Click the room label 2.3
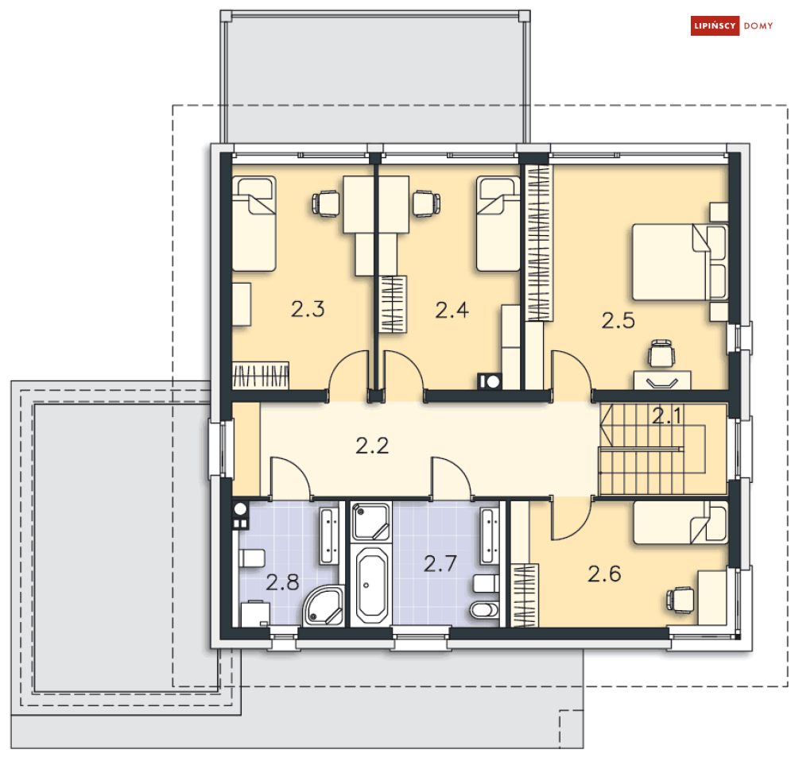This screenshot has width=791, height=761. pos(308,309)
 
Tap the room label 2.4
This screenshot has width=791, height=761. pos(452,310)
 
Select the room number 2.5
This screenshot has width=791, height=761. pos(618,321)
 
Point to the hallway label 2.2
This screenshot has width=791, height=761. pos(372,446)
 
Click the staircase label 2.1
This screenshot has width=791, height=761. pos(666,415)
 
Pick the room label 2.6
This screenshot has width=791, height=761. pos(604,574)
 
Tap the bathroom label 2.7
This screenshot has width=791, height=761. pos(440,563)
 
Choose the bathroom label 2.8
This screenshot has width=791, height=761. pos(282,582)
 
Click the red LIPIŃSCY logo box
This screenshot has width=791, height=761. pos(715,25)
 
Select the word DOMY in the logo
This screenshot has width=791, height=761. pos(758,25)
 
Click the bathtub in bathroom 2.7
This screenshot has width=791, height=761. pos(371,585)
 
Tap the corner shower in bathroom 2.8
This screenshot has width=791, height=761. pos(324,606)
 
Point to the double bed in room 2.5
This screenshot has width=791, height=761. pos(680,262)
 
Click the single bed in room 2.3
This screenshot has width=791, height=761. pos(254,224)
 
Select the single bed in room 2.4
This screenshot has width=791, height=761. pos(498,224)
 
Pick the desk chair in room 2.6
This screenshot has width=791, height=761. pos(680,600)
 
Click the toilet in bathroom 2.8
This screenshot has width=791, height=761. pos(252,558)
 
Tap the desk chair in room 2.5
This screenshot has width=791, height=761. pos(661,353)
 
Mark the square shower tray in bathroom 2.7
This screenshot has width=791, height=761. pos(371,521)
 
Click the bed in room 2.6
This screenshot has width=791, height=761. pos(680,523)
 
